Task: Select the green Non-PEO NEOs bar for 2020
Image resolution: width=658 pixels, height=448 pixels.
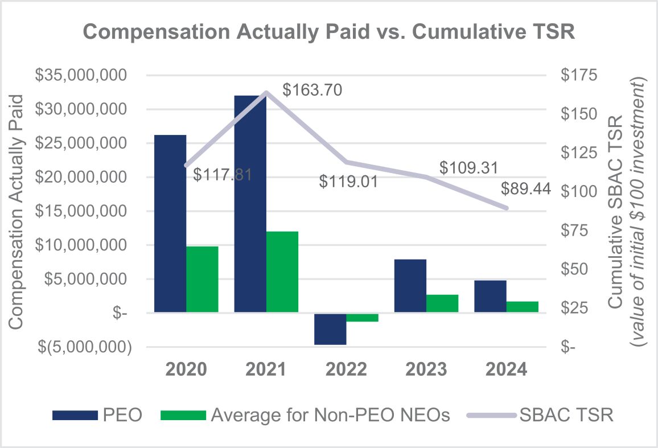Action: pyautogui.click(x=202, y=279)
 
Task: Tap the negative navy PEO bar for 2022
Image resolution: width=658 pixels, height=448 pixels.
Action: pyautogui.click(x=330, y=329)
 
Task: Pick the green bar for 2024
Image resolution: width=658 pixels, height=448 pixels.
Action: pyautogui.click(x=522, y=307)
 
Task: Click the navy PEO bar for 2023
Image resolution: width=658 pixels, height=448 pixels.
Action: pyautogui.click(x=410, y=286)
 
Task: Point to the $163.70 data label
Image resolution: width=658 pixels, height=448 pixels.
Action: pyautogui.click(x=312, y=90)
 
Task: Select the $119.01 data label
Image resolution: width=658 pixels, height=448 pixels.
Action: pyautogui.click(x=348, y=182)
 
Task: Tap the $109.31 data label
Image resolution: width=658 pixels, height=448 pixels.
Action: pyautogui.click(x=469, y=168)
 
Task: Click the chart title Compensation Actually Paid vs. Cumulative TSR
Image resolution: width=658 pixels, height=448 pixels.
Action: pyautogui.click(x=329, y=32)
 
